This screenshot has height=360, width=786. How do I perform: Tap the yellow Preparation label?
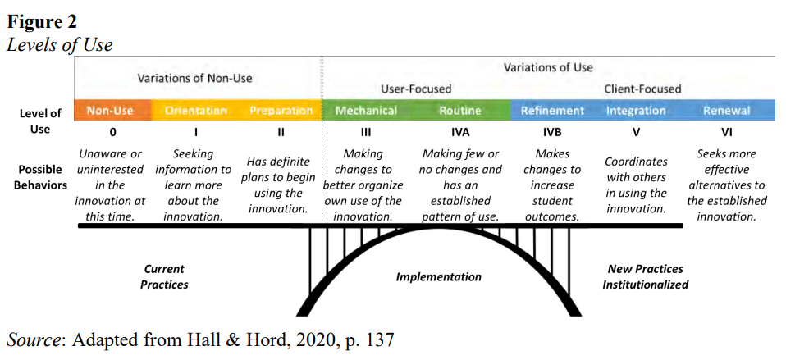coord(281,111)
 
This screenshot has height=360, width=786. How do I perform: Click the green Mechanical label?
coord(366,111)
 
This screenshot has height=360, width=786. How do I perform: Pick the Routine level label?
coord(460,111)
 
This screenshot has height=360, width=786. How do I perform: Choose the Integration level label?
coord(636,111)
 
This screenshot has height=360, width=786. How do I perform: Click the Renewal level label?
coord(726,111)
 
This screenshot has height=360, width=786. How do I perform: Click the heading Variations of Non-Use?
coord(194,79)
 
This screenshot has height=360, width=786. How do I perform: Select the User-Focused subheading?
coord(416,89)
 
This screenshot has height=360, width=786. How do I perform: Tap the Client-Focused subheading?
coord(642,89)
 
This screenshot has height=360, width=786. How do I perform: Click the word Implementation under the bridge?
coord(439,277)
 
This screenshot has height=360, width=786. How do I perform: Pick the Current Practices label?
coord(164,276)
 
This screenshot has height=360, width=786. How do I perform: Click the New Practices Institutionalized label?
coord(645,276)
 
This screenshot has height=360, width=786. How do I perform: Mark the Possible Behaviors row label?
coord(40,177)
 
